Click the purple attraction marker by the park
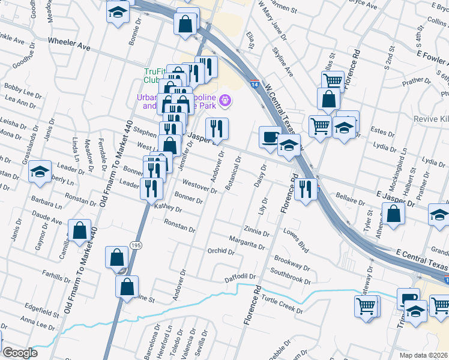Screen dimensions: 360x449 pyautogui.click(x=225, y=100)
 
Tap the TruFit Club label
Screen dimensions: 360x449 pyautogui.click(x=154, y=75)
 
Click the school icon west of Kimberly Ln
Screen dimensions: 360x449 pyautogui.click(x=40, y=172)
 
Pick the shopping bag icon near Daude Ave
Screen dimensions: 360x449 pyautogui.click(x=79, y=230)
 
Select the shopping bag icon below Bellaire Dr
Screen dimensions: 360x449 pyautogui.click(x=394, y=214)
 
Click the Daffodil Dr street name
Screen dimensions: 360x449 pyautogui.click(x=240, y=278)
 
